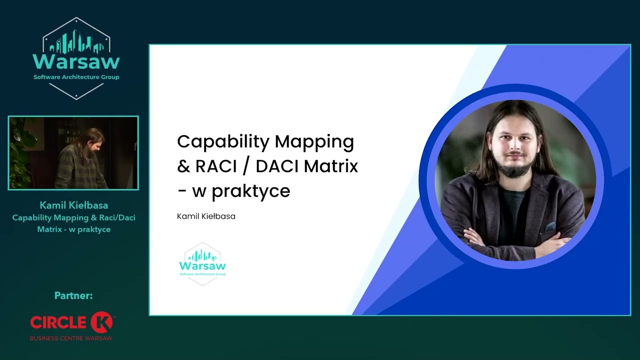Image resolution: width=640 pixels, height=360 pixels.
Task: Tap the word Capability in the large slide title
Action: click(x=223, y=142)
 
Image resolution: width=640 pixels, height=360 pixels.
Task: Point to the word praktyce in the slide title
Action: click(x=251, y=191)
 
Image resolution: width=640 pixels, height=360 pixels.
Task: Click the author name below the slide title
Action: click(x=206, y=216)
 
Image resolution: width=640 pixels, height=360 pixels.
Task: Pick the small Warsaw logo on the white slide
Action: click(x=202, y=264)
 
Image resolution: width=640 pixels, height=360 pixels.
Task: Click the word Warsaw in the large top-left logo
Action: click(x=76, y=62)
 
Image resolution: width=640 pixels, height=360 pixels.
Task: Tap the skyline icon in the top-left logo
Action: click(x=76, y=42)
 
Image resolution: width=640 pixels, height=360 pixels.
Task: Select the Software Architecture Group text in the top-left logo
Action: click(x=76, y=77)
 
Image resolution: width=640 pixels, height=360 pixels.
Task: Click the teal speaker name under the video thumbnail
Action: click(x=73, y=205)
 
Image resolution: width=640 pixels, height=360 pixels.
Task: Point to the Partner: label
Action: click(x=73, y=296)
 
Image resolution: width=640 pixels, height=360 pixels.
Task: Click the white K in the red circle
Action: click(x=102, y=322)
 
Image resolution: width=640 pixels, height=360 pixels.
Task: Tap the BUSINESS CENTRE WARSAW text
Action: click(x=71, y=338)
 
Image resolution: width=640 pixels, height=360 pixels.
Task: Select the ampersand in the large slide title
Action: click(x=183, y=166)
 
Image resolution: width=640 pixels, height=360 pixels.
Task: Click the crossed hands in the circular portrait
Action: click(x=515, y=240)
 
